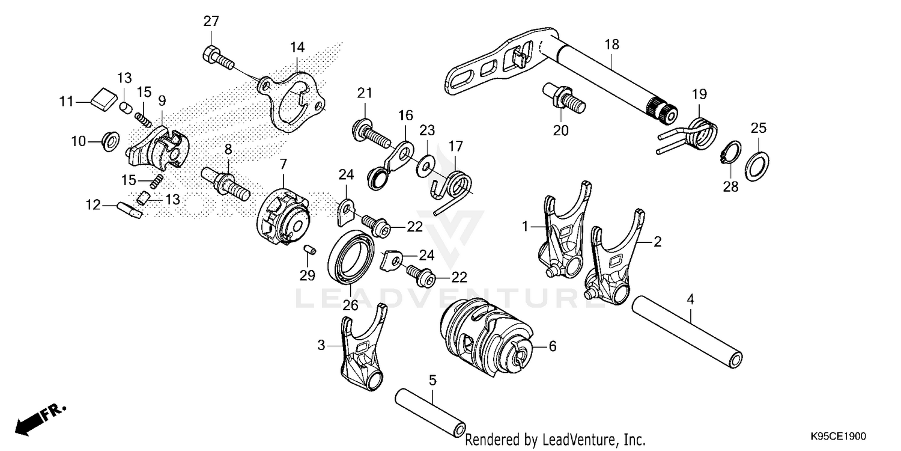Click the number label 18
click(x=611, y=45)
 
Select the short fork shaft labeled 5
click(x=431, y=414)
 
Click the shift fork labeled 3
click(x=363, y=352)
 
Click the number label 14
click(x=297, y=46)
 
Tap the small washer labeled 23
click(x=427, y=162)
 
